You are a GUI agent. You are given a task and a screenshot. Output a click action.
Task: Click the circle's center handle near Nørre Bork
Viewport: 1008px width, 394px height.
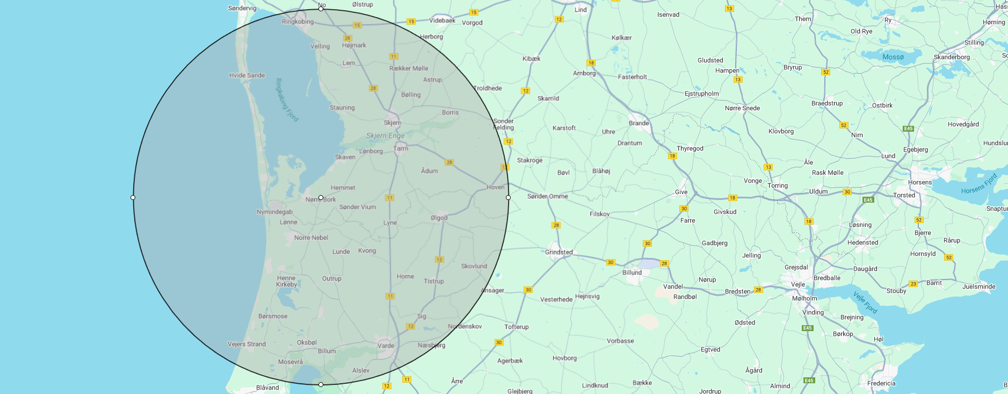pyautogui.click(x=321, y=198)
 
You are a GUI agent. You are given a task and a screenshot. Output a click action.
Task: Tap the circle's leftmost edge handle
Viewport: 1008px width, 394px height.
pyautogui.click(x=133, y=198)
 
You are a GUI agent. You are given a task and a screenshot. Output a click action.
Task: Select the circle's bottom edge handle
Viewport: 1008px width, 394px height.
pyautogui.click(x=321, y=384)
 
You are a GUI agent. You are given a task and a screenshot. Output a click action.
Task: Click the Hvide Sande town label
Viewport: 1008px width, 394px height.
pyautogui.click(x=247, y=75)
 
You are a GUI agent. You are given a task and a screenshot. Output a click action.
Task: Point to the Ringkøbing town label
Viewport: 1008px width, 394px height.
pyautogui.click(x=298, y=22)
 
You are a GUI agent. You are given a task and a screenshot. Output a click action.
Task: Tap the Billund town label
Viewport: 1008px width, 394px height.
pyautogui.click(x=632, y=273)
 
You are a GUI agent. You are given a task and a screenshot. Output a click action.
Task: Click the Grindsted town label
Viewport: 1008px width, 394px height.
pyautogui.click(x=559, y=252)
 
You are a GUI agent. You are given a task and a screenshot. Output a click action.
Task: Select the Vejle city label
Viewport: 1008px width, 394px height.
pyautogui.click(x=798, y=284)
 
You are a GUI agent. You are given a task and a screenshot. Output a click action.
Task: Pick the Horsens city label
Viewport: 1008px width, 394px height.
pyautogui.click(x=920, y=182)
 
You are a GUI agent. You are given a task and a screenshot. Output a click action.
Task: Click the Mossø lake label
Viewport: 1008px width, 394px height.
pyautogui.click(x=893, y=57)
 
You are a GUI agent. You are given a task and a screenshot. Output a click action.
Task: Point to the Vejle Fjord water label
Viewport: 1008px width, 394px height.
pyautogui.click(x=865, y=302)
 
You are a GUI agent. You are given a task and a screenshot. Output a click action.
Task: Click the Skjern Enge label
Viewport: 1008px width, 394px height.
pyautogui.click(x=385, y=136)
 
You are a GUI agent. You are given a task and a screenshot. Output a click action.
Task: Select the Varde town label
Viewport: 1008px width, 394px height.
pyautogui.click(x=386, y=346)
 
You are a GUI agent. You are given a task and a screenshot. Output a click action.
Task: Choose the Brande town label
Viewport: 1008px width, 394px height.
pyautogui.click(x=639, y=123)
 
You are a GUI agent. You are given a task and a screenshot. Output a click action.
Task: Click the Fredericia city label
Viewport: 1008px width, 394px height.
pyautogui.click(x=881, y=383)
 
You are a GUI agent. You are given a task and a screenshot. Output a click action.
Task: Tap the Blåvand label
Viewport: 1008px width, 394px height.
pyautogui.click(x=267, y=388)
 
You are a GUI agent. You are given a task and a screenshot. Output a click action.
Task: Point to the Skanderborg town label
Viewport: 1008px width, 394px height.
pyautogui.click(x=952, y=57)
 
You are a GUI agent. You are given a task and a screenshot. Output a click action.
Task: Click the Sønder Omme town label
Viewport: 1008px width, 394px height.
pyautogui.click(x=547, y=196)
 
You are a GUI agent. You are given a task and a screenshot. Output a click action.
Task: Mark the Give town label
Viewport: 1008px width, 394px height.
pyautogui.click(x=681, y=192)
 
